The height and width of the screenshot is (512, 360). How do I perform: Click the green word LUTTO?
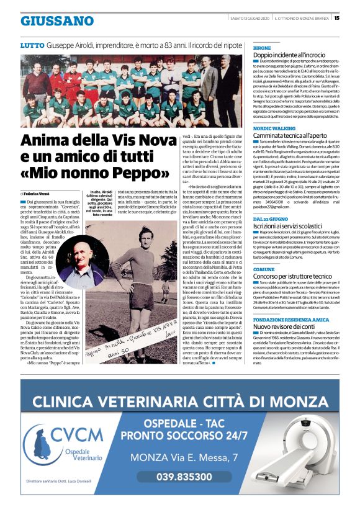pyautogui.click(x=32, y=46)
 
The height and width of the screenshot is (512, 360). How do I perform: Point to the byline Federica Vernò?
pyautogui.click(x=38, y=194)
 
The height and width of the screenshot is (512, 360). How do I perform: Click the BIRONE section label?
pyautogui.click(x=263, y=48)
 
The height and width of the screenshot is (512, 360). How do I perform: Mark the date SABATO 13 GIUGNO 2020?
pyautogui.click(x=248, y=18)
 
